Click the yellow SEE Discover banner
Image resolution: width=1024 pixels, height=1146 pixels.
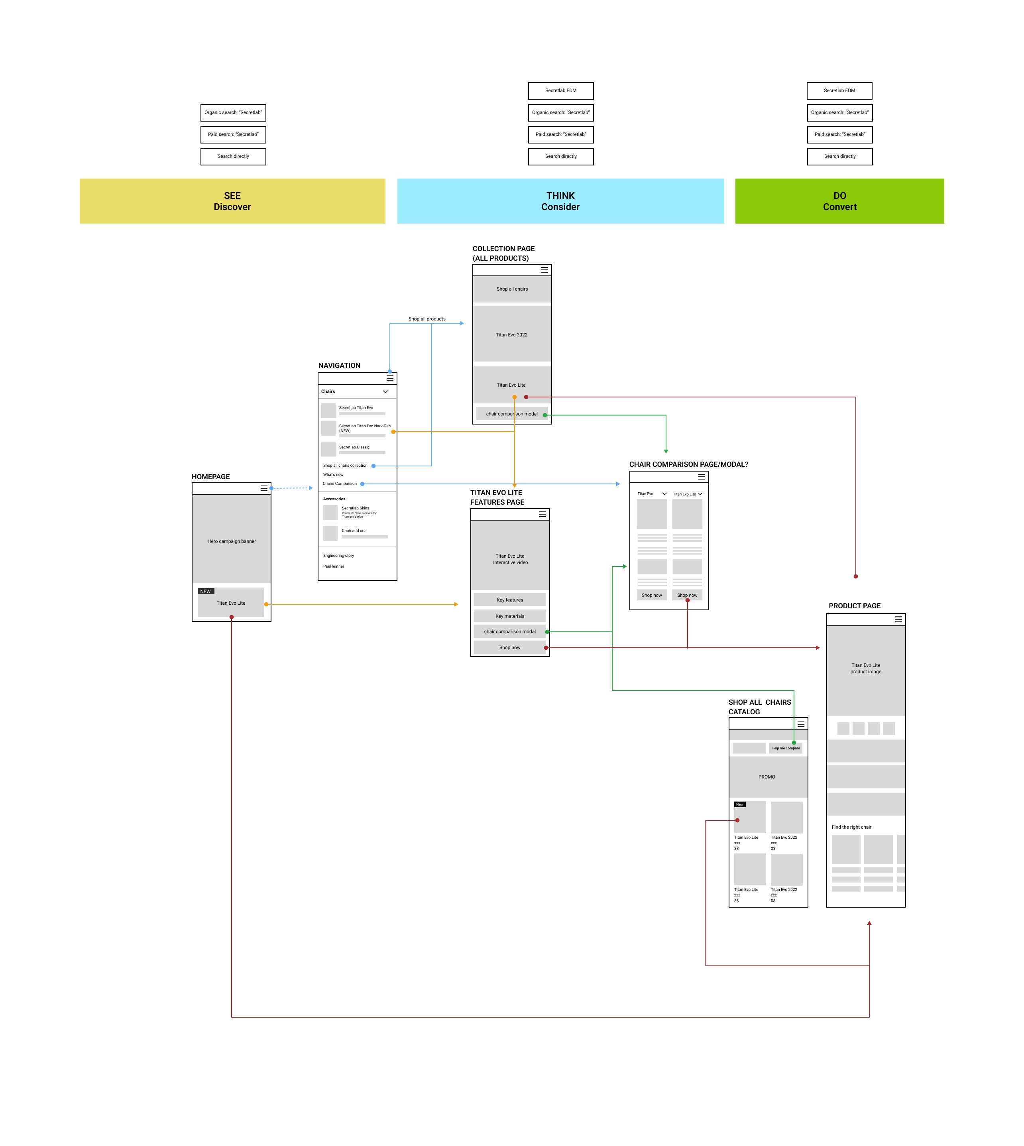232,201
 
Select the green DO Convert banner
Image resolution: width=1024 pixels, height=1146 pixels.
839,201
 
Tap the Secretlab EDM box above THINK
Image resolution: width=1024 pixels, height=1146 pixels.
560,90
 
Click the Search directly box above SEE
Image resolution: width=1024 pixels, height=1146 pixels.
233,156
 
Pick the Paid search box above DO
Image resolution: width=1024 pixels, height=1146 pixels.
839,134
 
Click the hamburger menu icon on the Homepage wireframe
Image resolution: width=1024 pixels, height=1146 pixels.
264,488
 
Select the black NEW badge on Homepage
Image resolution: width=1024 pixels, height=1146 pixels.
205,591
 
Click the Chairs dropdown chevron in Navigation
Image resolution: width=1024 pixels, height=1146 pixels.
385,391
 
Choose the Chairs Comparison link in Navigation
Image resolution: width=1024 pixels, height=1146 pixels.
340,484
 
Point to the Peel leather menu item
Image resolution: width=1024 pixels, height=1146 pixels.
334,566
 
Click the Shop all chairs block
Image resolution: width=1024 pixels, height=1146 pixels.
512,289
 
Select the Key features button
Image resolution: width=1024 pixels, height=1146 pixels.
510,600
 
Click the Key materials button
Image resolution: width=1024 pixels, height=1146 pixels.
510,616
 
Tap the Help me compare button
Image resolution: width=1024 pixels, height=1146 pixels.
786,748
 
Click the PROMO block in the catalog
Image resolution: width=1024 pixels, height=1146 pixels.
767,777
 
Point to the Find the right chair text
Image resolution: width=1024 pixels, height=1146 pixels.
851,827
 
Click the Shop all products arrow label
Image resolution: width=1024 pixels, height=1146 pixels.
427,319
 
